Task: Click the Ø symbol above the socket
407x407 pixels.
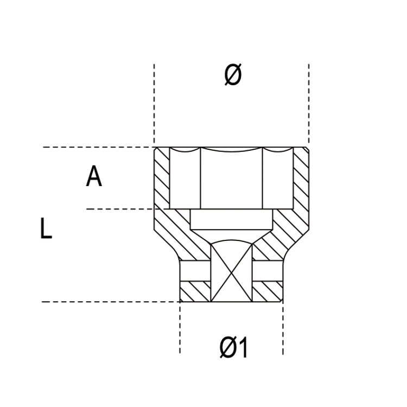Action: tap(232, 75)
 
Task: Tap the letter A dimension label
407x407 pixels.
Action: tap(94, 177)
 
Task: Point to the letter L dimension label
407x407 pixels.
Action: tap(46, 228)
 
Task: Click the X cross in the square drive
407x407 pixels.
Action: tap(232, 272)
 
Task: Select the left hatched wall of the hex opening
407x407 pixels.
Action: tap(162, 176)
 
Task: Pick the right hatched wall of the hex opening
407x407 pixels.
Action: tap(301, 176)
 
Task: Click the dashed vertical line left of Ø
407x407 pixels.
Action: tap(155, 103)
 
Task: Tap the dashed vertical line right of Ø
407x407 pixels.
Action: tap(309, 103)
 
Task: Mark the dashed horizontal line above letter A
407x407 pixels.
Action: tap(98, 147)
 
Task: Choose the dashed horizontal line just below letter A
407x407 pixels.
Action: tap(119, 209)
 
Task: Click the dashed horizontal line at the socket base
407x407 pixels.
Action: tap(109, 302)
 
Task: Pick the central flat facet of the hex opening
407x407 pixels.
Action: tap(232, 179)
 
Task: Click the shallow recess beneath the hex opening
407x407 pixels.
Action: tap(232, 220)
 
